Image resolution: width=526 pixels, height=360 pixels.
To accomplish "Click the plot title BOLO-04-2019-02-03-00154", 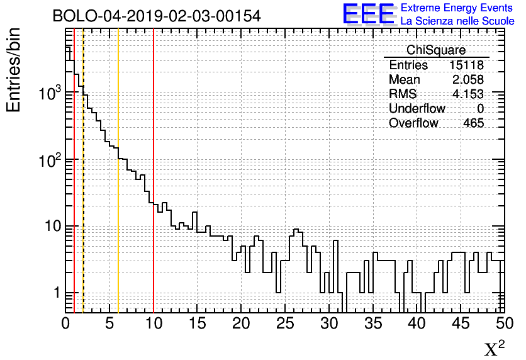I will coord(157,16).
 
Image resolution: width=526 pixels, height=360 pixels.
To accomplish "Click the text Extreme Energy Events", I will coord(457,8).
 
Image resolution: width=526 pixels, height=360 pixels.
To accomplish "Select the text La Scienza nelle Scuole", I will coord(457,21).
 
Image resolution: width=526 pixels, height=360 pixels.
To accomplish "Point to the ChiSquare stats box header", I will coord(436,50).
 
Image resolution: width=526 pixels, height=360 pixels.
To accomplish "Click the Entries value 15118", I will coord(466,65).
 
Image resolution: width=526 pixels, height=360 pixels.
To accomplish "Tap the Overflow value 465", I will coord(473,123).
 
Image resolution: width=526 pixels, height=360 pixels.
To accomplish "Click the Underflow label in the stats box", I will coord(417,108).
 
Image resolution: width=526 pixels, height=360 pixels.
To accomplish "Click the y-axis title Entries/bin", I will coord(14,70).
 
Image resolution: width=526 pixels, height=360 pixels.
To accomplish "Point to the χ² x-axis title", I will coord(495,348).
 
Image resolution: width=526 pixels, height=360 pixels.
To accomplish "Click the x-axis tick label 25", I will coord(285,323).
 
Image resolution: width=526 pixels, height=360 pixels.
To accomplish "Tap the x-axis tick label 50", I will coord(504,323).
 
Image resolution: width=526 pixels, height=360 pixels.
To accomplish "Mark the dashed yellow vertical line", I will coord(83,189).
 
